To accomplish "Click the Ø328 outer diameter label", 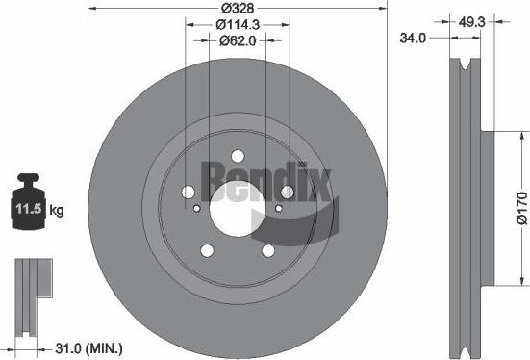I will (236, 7).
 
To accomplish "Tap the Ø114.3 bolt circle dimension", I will (236, 23).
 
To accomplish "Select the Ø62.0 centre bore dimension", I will (236, 40).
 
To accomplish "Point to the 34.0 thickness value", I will (413, 39).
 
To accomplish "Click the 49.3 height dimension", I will (470, 21).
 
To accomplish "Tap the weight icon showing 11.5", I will (32, 202).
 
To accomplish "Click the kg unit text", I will (57, 208).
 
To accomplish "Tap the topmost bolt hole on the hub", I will (236, 157).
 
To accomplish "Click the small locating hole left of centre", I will (196, 209).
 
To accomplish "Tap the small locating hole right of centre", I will (276, 209).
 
